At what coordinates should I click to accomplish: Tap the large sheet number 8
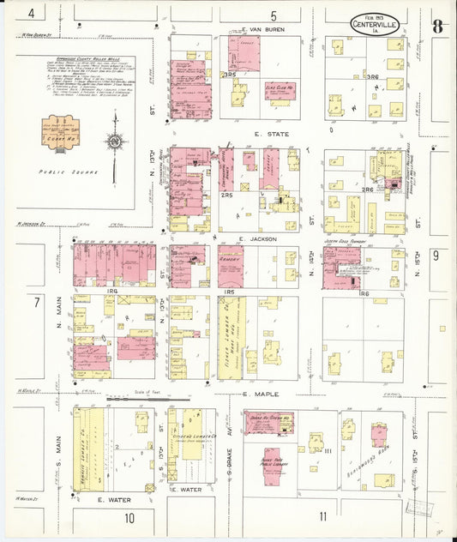click(x=437, y=26)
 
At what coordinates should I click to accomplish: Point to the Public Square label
click(x=68, y=172)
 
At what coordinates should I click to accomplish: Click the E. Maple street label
click(x=256, y=394)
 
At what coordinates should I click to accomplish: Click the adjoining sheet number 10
click(x=129, y=517)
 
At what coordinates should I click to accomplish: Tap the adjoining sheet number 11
click(x=322, y=516)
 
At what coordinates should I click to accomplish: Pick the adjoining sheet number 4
click(x=32, y=13)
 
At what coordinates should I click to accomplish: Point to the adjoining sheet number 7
click(x=36, y=303)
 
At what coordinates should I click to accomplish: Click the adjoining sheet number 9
click(x=436, y=255)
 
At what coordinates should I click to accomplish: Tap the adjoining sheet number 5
click(x=274, y=15)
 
